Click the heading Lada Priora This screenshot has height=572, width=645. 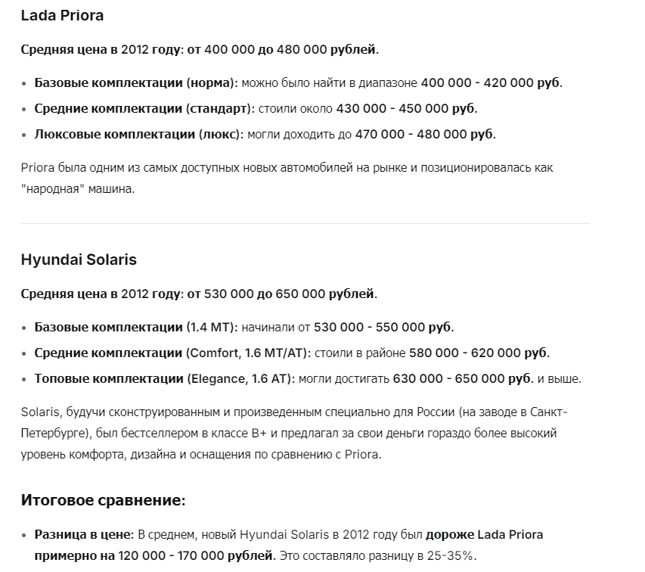[62, 15]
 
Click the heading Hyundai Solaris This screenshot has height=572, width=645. [79, 259]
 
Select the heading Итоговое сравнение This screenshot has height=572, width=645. [103, 500]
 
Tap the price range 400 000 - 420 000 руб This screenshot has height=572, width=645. [491, 82]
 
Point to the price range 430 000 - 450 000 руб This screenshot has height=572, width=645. [406, 108]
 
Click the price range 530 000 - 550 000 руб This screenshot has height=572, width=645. [383, 327]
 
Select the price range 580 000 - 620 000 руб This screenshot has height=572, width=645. [479, 353]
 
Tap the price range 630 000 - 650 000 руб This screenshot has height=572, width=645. [462, 378]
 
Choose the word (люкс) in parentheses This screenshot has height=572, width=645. [220, 134]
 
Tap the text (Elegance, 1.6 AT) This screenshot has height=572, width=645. [242, 378]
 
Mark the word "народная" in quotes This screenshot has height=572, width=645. [54, 188]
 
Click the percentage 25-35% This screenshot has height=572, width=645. [451, 556]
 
